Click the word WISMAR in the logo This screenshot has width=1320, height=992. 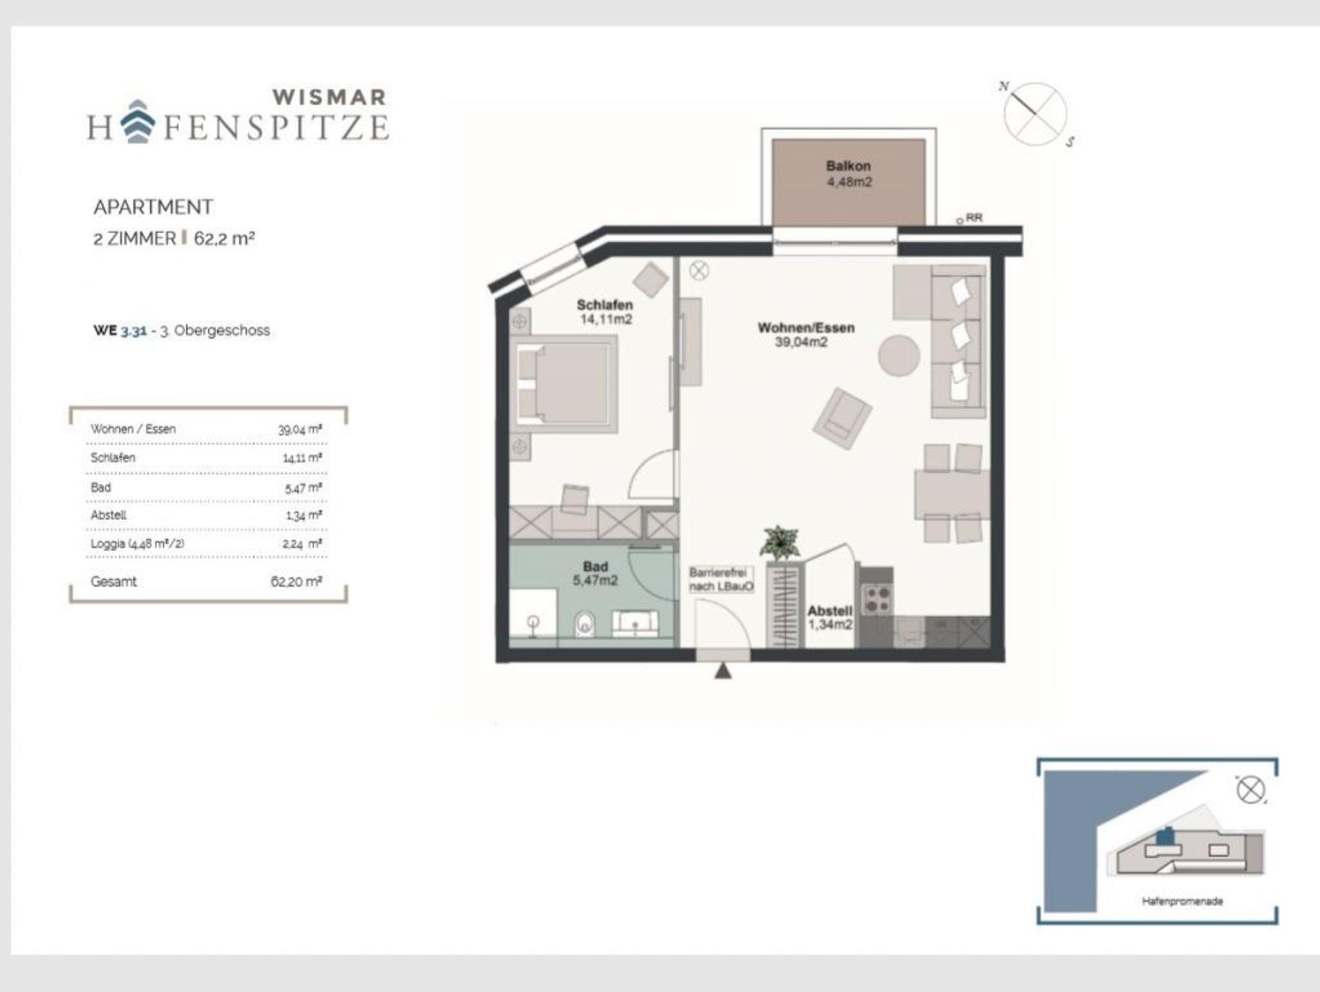(x=329, y=97)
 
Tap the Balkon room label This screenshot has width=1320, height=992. (x=848, y=166)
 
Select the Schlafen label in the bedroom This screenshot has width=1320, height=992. (x=605, y=304)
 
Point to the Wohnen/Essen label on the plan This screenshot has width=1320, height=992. (x=806, y=328)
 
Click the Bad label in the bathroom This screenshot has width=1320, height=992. (x=595, y=566)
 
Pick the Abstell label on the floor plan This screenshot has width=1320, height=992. (x=830, y=610)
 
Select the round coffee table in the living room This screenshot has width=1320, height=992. (x=898, y=355)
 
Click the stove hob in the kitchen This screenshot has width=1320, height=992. (x=876, y=599)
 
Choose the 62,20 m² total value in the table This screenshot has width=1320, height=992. (x=296, y=581)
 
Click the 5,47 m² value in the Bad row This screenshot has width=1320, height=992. (x=303, y=488)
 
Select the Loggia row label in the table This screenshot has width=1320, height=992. (x=137, y=544)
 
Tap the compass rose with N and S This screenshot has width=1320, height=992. (x=1035, y=114)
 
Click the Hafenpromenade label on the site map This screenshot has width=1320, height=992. (x=1182, y=901)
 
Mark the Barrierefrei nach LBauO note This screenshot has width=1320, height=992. (x=721, y=579)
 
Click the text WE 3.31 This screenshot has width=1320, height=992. (x=120, y=330)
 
